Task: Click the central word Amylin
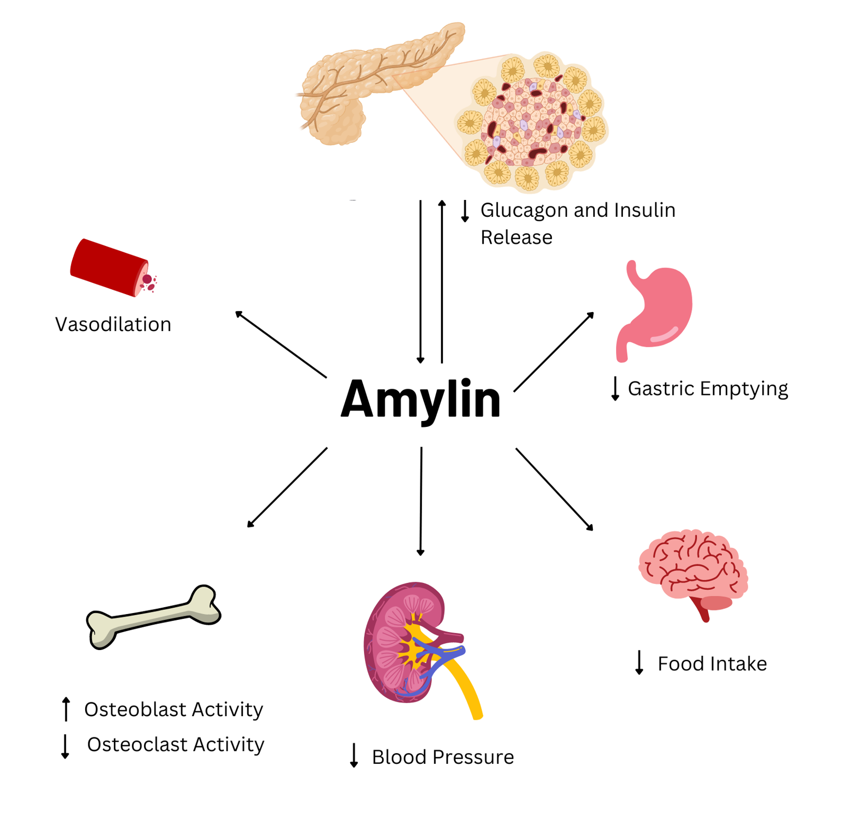[x=420, y=400]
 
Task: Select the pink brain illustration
[x=693, y=569]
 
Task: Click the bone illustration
[x=153, y=616]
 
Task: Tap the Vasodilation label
[x=113, y=324]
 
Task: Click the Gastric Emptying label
[x=708, y=389]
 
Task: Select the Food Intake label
[x=712, y=664]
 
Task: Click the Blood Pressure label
[x=442, y=757]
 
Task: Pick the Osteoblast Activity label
[x=174, y=709]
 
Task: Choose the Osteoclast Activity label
[x=176, y=745]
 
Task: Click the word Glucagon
[x=524, y=211]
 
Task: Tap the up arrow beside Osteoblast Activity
[x=66, y=709]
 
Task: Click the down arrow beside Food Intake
[x=639, y=662]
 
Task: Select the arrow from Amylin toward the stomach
[x=554, y=352]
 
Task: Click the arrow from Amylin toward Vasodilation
[x=281, y=344]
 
